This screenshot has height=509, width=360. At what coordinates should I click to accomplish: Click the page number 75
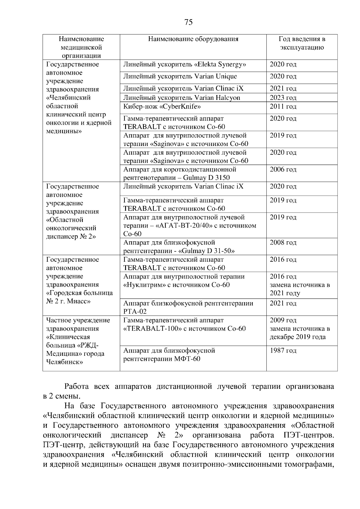tap(189, 22)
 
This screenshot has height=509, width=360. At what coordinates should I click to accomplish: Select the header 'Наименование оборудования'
tap(193, 39)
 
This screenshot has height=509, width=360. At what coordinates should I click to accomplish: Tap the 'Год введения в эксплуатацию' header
tap(302, 43)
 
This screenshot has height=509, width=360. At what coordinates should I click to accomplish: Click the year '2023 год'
tap(283, 98)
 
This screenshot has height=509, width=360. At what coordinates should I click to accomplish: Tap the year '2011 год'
tap(283, 107)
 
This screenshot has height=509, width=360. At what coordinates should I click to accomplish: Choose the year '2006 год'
tap(283, 170)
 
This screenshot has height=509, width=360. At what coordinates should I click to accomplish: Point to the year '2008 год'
tap(283, 243)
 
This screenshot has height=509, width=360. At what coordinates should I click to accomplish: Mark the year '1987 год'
tap(283, 351)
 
